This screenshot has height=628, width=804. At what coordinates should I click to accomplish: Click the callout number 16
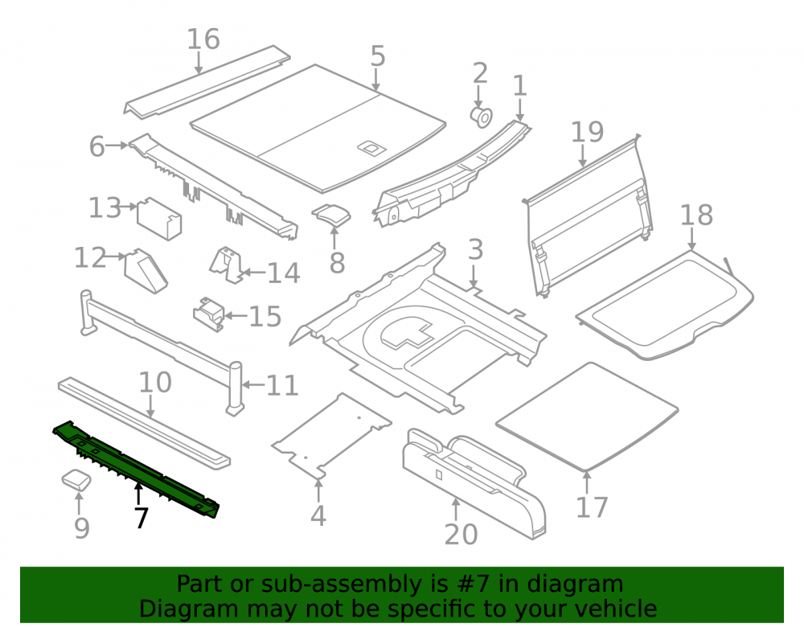(203, 39)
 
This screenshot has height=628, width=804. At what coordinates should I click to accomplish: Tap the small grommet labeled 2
(482, 117)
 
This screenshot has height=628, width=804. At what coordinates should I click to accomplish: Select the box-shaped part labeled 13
(159, 219)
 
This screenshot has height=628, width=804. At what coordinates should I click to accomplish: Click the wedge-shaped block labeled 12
(146, 271)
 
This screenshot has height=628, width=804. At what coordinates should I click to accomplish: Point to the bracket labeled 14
(226, 264)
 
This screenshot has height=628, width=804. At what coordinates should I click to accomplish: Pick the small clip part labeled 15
(209, 314)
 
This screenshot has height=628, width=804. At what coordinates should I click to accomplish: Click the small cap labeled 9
(76, 480)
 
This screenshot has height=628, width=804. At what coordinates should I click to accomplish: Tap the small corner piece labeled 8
(332, 215)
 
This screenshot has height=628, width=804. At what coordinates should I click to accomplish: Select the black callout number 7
(142, 518)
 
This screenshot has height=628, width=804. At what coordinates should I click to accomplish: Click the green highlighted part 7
(136, 468)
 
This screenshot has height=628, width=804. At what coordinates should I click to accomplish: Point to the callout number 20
(461, 534)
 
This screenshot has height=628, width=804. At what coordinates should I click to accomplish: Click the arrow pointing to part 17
(587, 482)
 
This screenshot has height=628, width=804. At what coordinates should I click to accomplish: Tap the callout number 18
(696, 215)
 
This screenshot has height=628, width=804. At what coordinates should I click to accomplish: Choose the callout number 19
(588, 132)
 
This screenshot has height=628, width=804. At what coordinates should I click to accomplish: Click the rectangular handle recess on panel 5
(371, 148)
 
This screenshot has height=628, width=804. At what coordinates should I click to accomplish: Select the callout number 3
(476, 249)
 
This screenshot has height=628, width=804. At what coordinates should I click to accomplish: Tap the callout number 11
(282, 385)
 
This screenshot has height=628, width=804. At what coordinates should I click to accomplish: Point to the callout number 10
(155, 383)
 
